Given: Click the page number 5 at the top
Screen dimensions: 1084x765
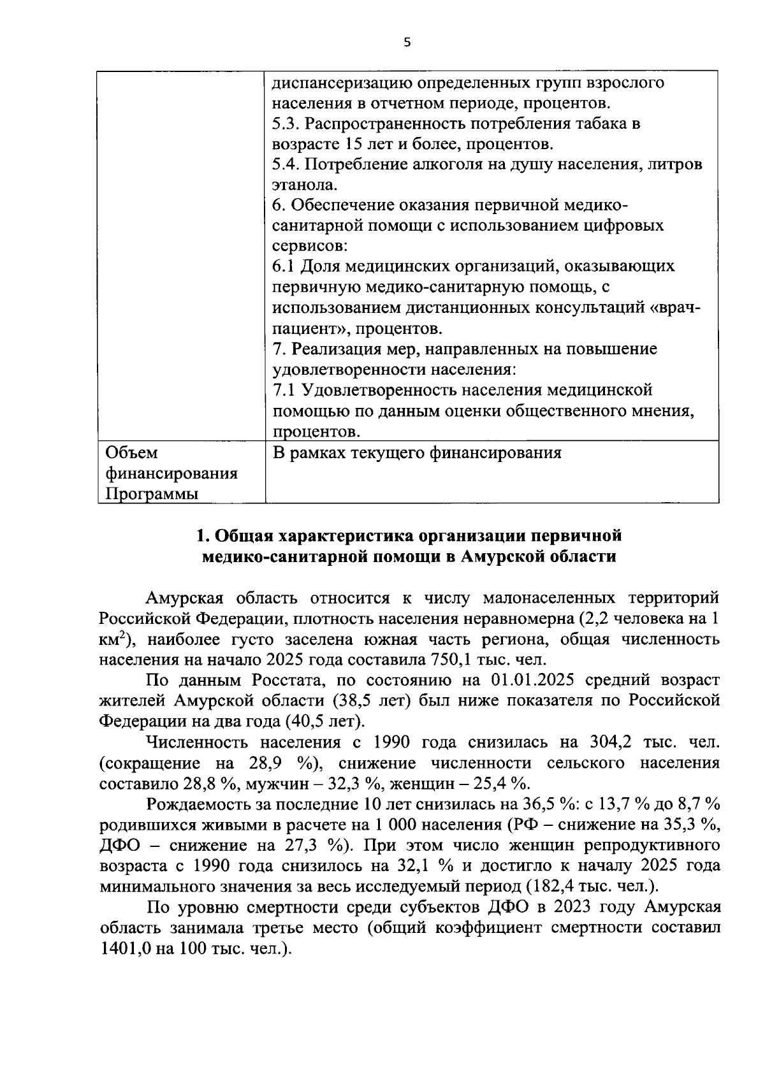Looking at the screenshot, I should point(407,43).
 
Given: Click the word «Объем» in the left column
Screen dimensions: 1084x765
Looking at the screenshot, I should point(131,452).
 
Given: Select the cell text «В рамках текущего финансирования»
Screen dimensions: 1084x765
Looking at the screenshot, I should point(417,452).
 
